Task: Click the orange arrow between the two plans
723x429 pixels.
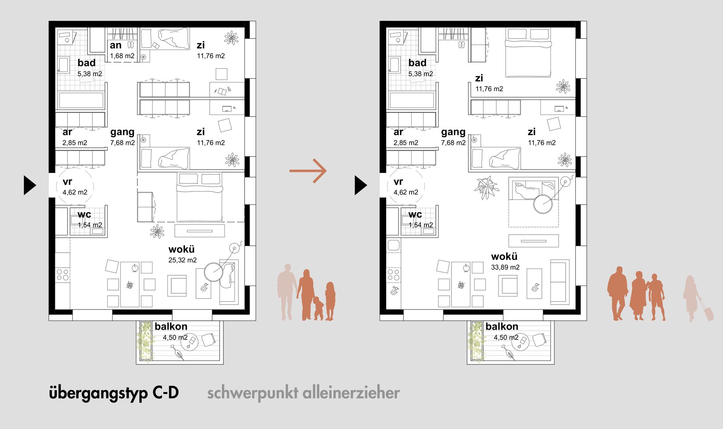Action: (x=308, y=171)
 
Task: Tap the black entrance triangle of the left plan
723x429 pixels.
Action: (x=30, y=185)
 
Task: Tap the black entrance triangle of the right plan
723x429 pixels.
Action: (x=361, y=185)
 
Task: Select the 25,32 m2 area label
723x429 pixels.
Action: (x=183, y=260)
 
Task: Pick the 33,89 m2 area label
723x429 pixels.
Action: (x=505, y=268)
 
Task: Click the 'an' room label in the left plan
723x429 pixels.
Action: (x=115, y=45)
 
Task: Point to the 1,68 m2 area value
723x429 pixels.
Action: (x=122, y=56)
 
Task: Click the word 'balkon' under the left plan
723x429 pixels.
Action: (x=171, y=326)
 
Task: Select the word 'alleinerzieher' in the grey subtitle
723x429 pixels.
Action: (x=351, y=393)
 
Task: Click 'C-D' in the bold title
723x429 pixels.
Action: (x=166, y=393)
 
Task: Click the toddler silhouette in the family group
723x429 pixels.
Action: (x=318, y=308)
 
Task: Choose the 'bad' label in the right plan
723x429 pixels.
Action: (x=417, y=63)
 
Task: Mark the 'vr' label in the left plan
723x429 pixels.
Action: (x=67, y=182)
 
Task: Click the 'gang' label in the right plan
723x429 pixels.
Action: (x=453, y=132)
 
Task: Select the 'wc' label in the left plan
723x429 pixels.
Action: (x=84, y=214)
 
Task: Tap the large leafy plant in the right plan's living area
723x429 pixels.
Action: (x=486, y=187)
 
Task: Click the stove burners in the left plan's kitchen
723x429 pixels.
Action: (x=62, y=275)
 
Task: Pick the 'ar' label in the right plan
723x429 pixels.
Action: (x=398, y=132)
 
